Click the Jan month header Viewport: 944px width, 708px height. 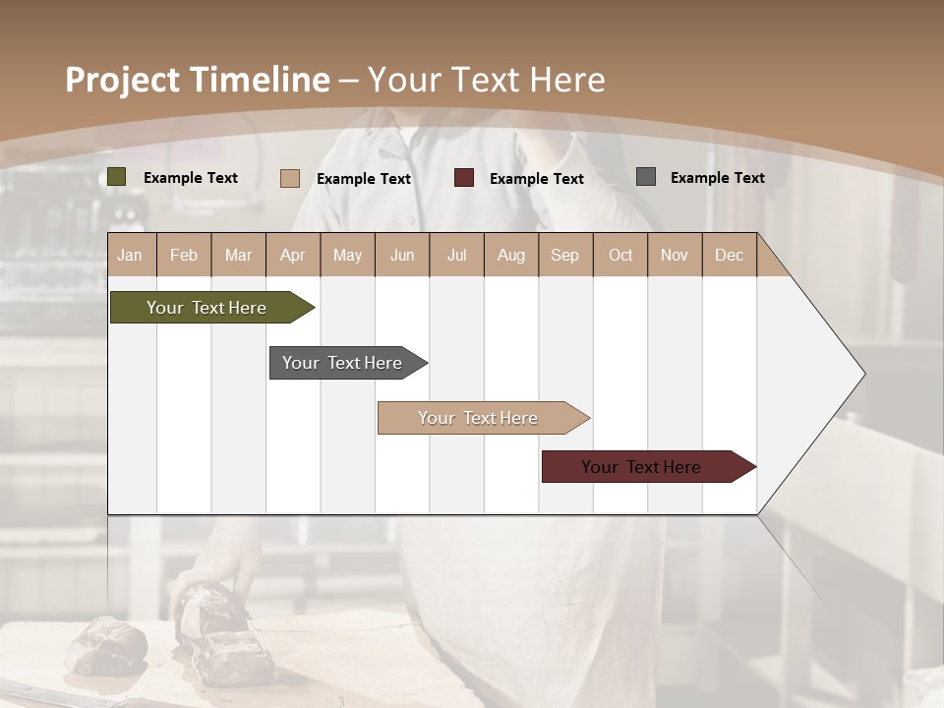(x=131, y=255)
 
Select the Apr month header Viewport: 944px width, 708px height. (x=293, y=255)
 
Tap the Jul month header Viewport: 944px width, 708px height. (x=456, y=255)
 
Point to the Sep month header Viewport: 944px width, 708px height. (x=565, y=255)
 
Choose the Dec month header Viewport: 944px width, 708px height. (x=729, y=255)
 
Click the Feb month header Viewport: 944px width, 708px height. (x=184, y=255)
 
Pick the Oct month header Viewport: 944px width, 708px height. (x=620, y=255)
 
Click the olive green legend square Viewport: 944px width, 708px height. (x=117, y=177)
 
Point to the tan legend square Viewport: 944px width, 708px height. (x=290, y=178)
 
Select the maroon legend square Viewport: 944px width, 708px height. (x=464, y=178)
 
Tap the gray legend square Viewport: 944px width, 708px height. (x=646, y=177)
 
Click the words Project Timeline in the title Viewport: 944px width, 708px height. (x=198, y=80)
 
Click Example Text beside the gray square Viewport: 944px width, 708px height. (x=717, y=178)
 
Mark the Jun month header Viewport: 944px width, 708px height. (x=402, y=255)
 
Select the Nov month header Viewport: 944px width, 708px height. (x=675, y=255)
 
